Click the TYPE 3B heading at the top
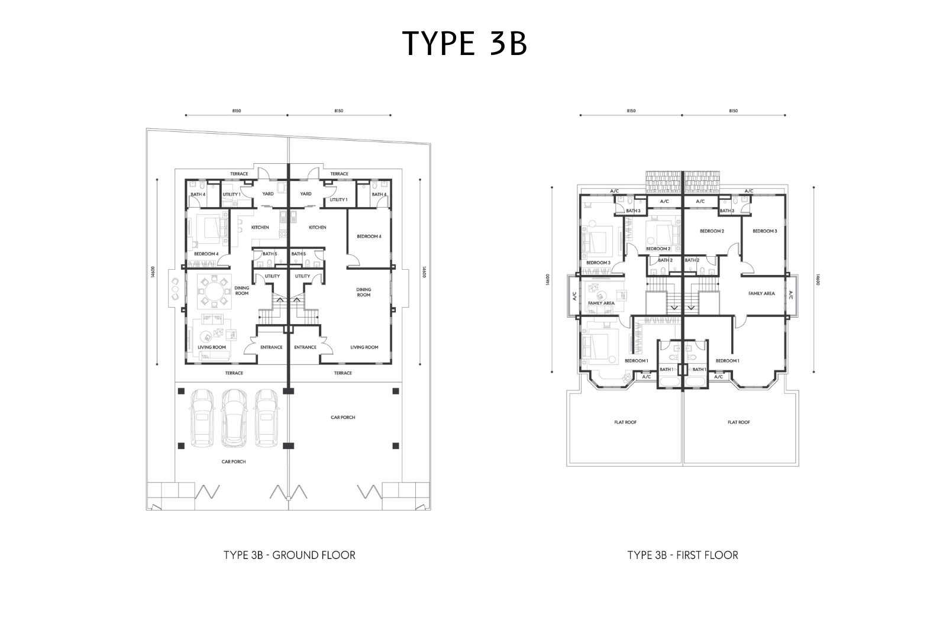coord(464,43)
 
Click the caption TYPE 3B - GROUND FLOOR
coord(289,555)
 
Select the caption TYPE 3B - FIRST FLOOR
coord(683,555)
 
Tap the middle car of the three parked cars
coord(234,418)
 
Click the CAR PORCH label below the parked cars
coord(233,461)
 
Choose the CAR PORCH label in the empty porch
coord(343,417)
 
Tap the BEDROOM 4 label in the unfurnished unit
coord(369,236)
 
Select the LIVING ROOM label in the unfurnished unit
coord(364,347)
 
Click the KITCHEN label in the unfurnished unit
coord(317,227)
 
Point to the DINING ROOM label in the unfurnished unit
coord(363,292)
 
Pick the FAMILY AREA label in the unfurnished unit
coord(761,293)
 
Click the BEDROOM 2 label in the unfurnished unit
coord(712,231)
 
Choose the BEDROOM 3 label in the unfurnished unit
coord(765,231)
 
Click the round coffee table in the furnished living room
coord(205,335)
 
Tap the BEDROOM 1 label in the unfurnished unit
coord(728,360)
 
